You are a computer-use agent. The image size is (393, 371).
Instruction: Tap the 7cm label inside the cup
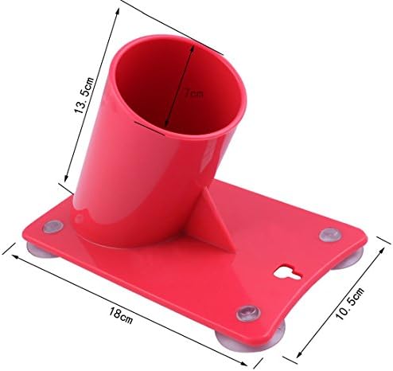pyautogui.click(x=193, y=94)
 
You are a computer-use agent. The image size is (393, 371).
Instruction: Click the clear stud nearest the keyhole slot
pyautogui.click(x=328, y=235)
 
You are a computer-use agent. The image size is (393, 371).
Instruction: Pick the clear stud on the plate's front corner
pyautogui.click(x=248, y=311)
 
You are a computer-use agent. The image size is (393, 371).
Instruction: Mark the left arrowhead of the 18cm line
pyautogui.click(x=10, y=254)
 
